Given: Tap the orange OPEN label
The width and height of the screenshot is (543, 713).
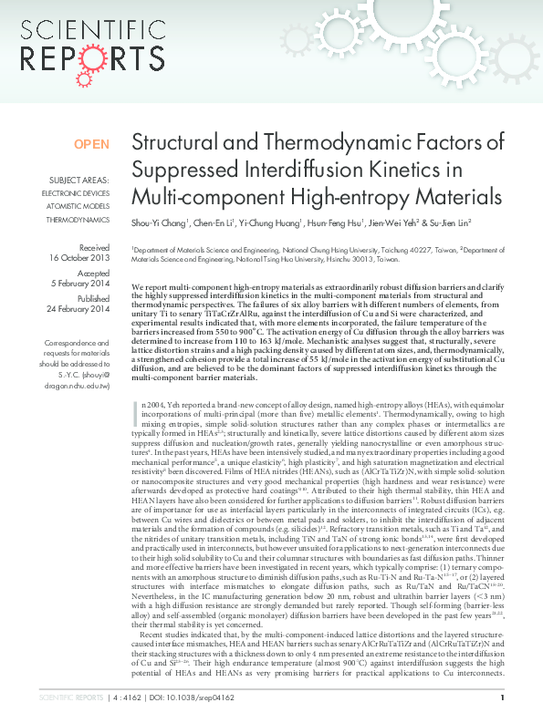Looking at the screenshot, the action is [91, 144].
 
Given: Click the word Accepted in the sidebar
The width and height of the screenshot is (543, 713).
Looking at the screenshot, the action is [93, 273].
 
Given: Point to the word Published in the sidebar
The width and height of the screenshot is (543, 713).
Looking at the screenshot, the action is [92, 298].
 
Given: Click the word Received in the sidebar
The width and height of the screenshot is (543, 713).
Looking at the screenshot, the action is [93, 247].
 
